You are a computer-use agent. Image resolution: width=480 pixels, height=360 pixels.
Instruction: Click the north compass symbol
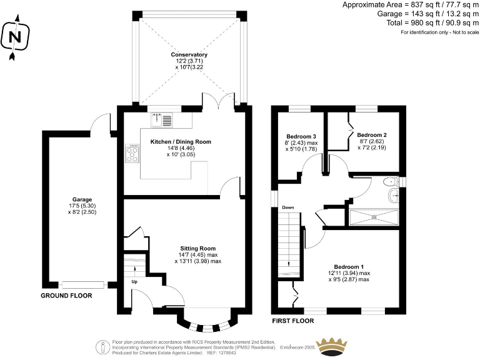[14, 37]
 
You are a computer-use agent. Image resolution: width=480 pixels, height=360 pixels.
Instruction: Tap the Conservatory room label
[189, 55]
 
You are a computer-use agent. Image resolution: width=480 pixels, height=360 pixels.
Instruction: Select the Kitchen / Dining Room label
[181, 142]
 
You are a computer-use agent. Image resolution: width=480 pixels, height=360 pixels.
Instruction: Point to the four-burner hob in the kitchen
[132, 154]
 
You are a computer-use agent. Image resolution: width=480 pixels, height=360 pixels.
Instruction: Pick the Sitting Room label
[198, 247]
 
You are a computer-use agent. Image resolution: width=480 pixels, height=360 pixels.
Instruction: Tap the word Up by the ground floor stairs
[134, 281]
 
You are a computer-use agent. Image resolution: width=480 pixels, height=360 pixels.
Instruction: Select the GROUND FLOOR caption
[66, 296]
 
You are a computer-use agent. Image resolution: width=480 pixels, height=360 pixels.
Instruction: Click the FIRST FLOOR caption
[292, 321]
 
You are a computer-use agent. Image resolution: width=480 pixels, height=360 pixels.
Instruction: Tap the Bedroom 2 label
[372, 134]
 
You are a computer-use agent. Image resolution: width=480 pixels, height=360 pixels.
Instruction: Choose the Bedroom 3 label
[302, 136]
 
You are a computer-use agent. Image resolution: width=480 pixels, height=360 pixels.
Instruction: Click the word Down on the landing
[287, 207]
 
